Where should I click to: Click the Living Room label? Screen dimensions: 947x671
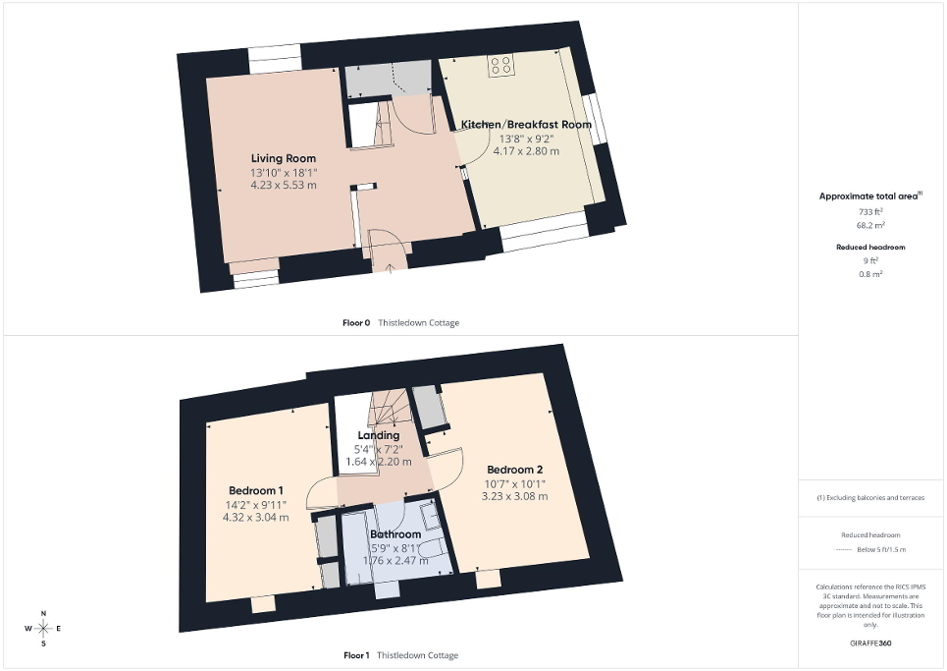click(284, 158)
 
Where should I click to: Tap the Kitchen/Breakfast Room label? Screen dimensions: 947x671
click(526, 125)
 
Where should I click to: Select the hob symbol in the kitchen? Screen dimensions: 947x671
click(501, 65)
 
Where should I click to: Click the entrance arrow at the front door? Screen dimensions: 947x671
click(391, 268)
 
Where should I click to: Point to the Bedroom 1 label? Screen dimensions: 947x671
click(255, 490)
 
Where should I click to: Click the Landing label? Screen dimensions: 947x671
click(378, 435)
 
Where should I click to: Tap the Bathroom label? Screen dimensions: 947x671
click(395, 534)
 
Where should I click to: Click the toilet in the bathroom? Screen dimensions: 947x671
click(433, 550)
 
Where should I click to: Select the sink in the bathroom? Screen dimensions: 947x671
click(430, 516)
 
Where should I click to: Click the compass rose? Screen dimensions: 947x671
click(43, 629)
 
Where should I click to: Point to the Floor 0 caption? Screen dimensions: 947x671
click(356, 323)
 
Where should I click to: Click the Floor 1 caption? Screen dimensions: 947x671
click(356, 655)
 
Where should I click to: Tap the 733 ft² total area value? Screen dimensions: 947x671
click(870, 211)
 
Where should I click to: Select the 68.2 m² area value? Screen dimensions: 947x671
click(870, 225)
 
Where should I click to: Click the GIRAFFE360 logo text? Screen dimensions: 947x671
click(870, 643)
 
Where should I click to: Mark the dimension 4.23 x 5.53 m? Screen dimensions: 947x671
click(284, 185)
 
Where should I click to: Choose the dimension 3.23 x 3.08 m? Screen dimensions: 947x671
click(514, 496)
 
